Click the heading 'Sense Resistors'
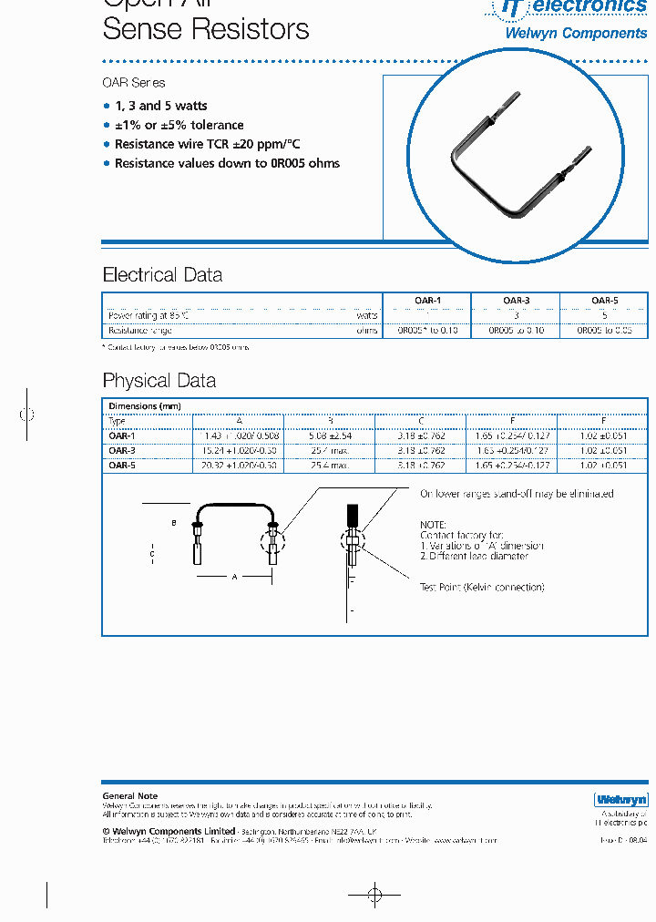click(206, 29)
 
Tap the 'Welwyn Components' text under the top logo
click(576, 34)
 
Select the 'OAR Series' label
click(134, 83)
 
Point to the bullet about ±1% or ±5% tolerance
click(179, 125)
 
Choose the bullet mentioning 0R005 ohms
click(227, 163)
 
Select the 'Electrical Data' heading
click(162, 275)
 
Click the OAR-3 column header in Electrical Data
click(516, 301)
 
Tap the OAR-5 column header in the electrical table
click(604, 301)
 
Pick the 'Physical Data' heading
click(159, 381)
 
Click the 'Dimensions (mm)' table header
click(145, 406)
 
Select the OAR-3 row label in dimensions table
click(122, 450)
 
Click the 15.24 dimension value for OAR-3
click(239, 450)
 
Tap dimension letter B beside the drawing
click(174, 524)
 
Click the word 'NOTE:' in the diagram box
click(433, 525)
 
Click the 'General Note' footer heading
click(130, 796)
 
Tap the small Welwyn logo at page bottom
click(620, 800)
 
